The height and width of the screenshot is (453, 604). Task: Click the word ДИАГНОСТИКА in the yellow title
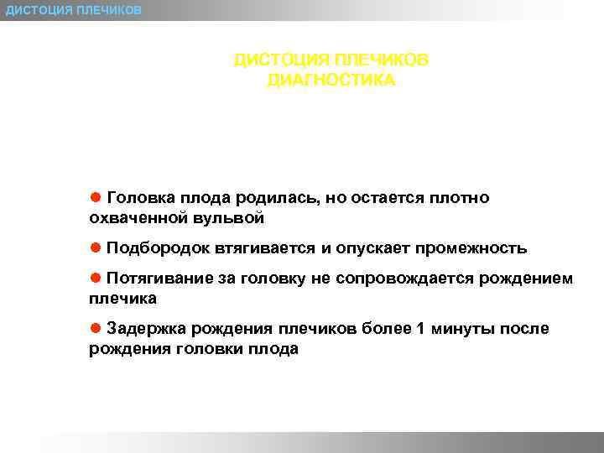point(330,81)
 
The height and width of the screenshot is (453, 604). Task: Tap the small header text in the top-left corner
point(74,9)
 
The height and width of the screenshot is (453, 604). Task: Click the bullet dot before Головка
point(96,196)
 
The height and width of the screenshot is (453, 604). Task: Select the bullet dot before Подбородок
point(96,247)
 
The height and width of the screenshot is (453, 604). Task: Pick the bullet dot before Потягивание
point(96,277)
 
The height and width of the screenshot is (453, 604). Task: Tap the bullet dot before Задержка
point(96,327)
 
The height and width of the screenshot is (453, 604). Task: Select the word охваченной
point(138,218)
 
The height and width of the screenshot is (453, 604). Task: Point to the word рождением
point(526,279)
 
